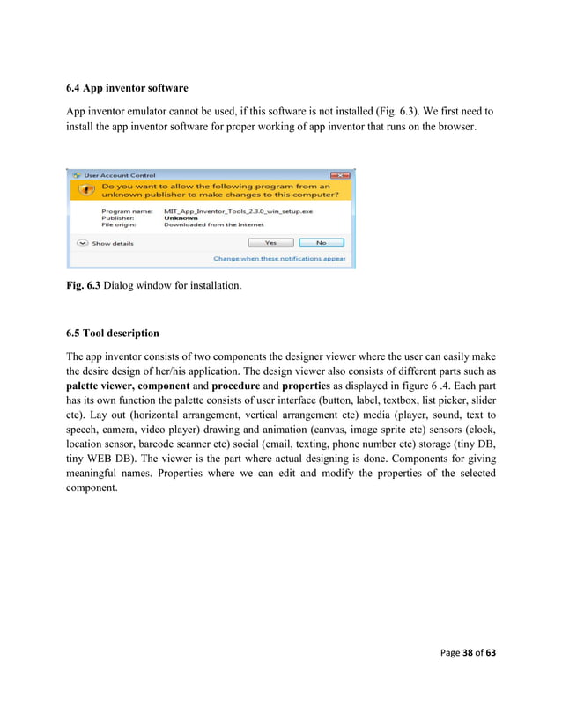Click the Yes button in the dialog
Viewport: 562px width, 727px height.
tap(270, 242)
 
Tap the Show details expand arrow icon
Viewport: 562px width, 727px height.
tap(83, 242)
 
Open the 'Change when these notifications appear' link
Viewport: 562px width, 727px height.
tap(279, 259)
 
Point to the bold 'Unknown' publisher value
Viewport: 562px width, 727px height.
tap(181, 218)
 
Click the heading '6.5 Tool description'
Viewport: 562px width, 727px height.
tap(113, 334)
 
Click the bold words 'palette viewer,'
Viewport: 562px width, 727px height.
tap(105, 386)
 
